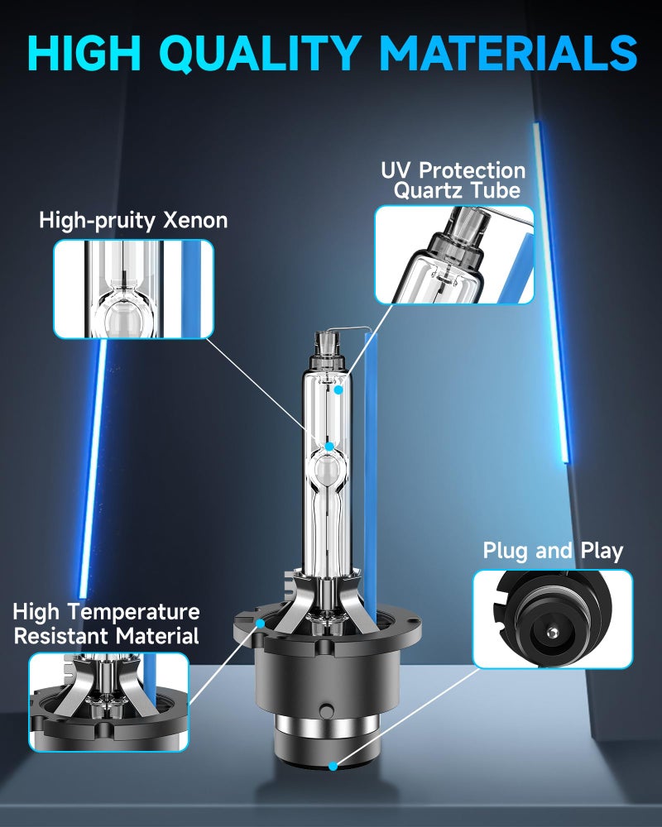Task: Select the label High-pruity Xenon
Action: tap(133, 221)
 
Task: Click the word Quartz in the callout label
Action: tap(429, 190)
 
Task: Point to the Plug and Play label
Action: tap(553, 551)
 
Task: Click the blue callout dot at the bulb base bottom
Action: tap(333, 766)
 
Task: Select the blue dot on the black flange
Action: tap(261, 624)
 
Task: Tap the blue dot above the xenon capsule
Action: tap(329, 447)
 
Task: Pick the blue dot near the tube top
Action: tap(338, 390)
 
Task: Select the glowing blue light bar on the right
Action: tap(552, 293)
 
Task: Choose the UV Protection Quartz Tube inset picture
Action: tap(454, 255)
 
